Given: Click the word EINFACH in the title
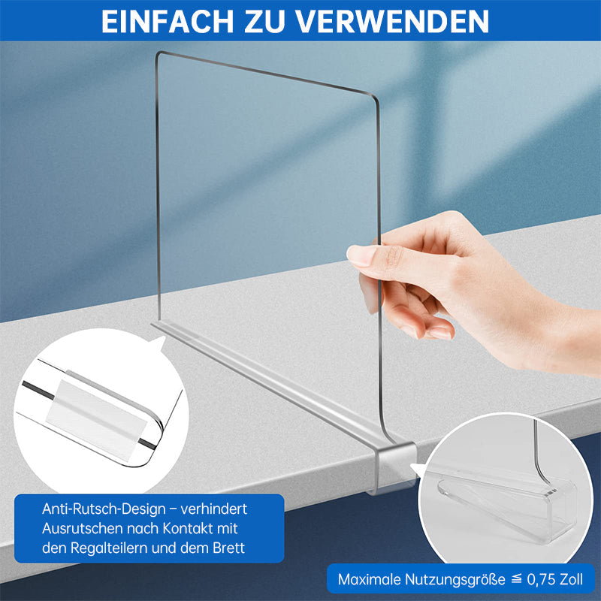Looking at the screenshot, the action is point(168,21).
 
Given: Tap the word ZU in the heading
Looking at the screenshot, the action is point(264,21).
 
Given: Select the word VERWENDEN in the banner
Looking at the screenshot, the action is point(392,21).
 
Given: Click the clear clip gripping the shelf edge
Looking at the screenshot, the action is point(393,467).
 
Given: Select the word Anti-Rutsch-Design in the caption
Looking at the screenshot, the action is point(104,509).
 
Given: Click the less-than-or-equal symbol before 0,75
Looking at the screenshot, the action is point(516,579).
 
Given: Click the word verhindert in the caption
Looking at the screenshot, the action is point(214,509).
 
